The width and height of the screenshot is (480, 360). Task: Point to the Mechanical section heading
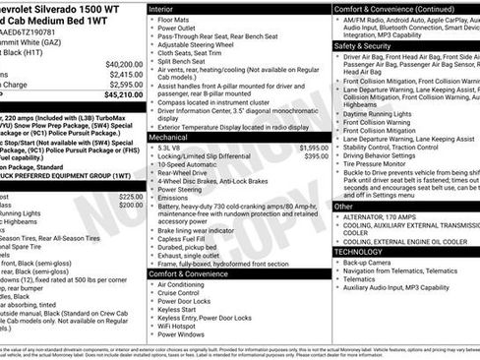[169, 138]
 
